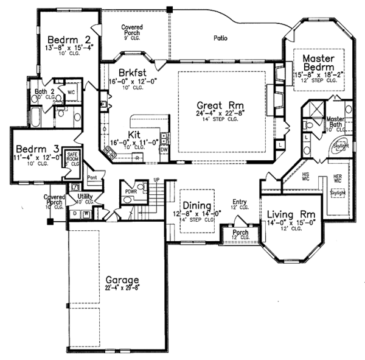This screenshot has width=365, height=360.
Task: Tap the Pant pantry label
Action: coord(92,177)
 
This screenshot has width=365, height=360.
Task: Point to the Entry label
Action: coord(238,202)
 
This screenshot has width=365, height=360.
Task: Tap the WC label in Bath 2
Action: coord(70,92)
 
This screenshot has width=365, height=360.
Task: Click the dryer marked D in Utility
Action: coord(74,214)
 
